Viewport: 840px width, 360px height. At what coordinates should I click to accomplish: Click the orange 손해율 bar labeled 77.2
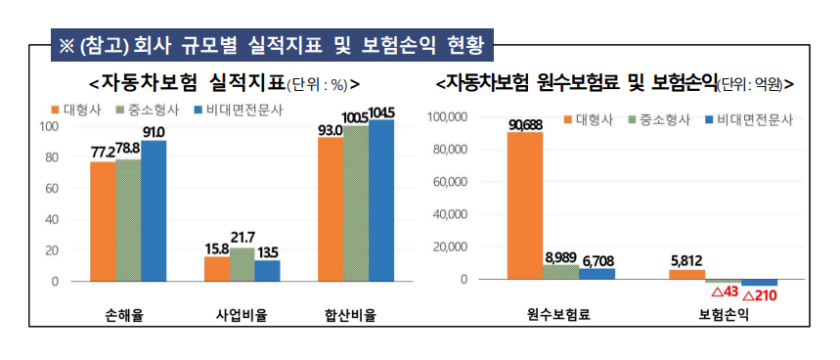103,221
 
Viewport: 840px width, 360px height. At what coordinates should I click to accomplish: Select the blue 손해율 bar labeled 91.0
154,210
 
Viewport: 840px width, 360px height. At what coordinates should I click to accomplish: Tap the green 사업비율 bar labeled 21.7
242,264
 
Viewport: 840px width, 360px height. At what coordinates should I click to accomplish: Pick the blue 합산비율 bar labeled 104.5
381,200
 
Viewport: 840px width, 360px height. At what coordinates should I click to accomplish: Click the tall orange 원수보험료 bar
525,205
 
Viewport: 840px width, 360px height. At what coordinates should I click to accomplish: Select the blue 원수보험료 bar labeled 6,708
597,274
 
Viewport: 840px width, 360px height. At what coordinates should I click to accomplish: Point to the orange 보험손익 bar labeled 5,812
686,275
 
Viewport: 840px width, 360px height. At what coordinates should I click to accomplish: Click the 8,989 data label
561,257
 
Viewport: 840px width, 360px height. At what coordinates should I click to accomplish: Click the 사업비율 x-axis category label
242,315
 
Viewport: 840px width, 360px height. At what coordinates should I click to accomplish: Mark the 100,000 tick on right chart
449,117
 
